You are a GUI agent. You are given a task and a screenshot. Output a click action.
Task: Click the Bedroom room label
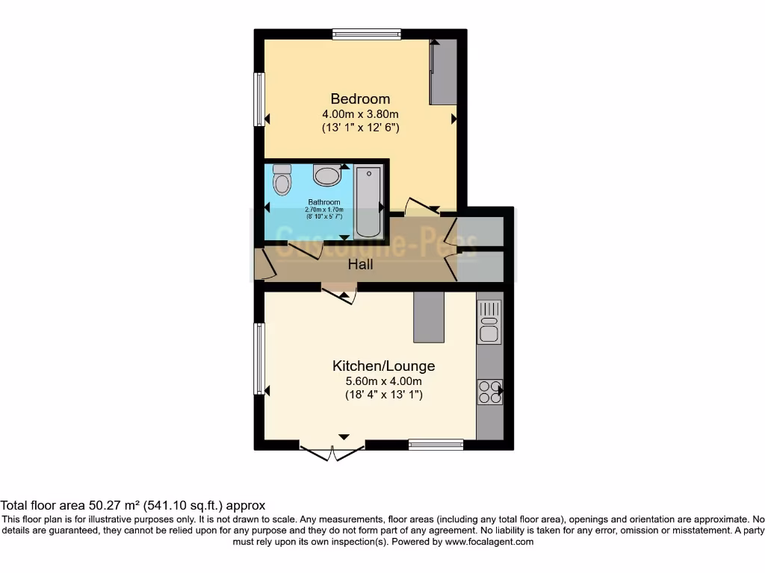click(360, 98)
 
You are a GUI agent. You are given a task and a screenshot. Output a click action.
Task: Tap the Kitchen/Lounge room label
click(383, 366)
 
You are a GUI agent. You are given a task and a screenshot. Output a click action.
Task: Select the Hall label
click(360, 264)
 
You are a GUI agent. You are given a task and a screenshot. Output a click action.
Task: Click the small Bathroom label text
click(324, 202)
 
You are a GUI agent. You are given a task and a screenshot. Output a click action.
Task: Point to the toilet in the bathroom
click(282, 180)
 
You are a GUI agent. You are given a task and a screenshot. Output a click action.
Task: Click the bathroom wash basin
click(326, 176)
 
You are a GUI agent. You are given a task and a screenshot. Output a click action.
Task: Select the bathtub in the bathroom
click(368, 202)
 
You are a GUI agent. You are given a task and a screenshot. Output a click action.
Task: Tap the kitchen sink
click(489, 322)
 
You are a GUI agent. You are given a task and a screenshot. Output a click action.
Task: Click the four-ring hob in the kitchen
click(489, 392)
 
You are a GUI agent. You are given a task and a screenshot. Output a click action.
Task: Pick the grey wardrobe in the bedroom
click(443, 72)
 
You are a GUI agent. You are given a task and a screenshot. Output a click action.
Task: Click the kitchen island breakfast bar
click(429, 316)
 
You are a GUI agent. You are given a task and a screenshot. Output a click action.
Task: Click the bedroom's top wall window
click(367, 34)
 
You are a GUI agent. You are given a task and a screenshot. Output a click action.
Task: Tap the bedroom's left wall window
click(258, 99)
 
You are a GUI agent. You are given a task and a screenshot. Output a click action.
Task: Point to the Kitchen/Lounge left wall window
click(258, 358)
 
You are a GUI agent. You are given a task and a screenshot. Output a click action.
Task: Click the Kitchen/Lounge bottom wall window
click(436, 445)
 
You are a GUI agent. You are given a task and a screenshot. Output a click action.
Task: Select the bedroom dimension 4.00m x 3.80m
click(360, 114)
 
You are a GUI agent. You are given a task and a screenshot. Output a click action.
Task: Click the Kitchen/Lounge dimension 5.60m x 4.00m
click(383, 381)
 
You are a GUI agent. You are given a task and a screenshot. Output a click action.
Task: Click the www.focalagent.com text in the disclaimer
click(489, 542)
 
